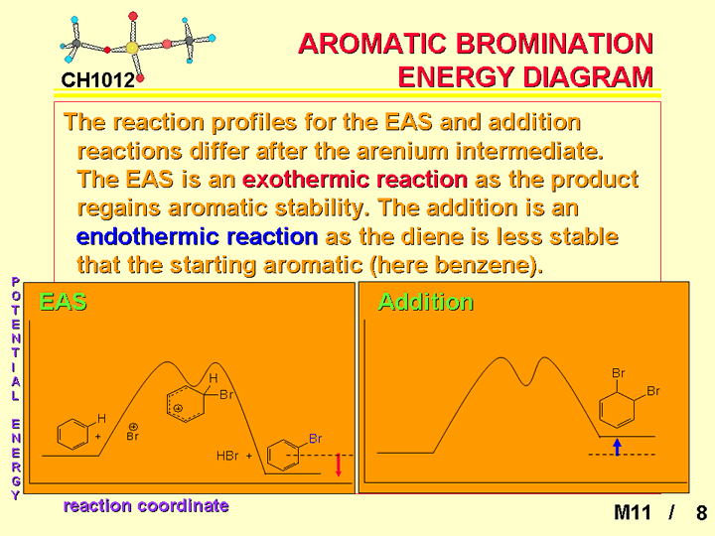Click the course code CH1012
point(98,80)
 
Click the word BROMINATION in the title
point(554,44)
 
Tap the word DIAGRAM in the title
point(588,76)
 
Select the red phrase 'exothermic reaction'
point(355,180)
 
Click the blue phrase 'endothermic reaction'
point(197,236)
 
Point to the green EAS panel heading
point(63,302)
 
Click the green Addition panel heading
point(426,302)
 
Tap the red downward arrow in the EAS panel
point(339,465)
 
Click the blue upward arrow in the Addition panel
point(617,447)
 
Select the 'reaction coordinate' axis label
point(146,505)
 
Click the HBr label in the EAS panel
point(227,456)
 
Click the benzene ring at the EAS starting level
point(72,436)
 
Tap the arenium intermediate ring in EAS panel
point(185,404)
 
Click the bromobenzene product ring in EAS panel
point(283,455)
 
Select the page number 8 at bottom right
point(701,512)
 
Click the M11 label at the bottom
point(632,512)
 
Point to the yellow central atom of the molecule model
point(132,48)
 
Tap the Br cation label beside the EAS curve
point(133,432)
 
